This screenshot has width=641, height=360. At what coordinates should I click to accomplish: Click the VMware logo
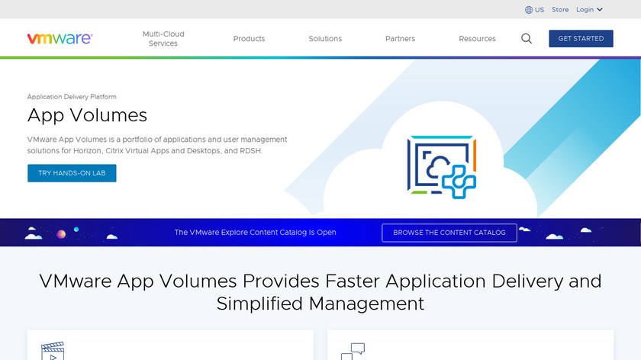point(60,38)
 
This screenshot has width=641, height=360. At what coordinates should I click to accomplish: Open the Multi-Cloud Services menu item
point(163,38)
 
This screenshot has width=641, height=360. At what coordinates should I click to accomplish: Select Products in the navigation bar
point(249,38)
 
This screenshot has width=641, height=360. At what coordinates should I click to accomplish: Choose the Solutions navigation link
point(325,38)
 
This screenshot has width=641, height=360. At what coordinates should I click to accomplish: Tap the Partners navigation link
point(400,38)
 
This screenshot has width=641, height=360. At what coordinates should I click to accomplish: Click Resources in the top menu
point(477,38)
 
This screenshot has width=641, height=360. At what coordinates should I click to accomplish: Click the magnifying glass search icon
point(527,38)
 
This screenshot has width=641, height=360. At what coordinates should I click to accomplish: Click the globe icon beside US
point(529,10)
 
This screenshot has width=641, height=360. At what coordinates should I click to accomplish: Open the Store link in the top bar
point(560,9)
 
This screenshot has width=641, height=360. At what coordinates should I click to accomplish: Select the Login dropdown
point(589,9)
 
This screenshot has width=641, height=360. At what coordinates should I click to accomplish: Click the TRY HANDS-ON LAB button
point(72,173)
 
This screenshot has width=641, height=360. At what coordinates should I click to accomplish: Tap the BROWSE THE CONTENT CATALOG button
point(449,233)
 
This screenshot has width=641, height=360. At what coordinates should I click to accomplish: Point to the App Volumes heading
point(87,115)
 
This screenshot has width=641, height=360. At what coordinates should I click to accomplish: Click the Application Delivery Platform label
point(72,97)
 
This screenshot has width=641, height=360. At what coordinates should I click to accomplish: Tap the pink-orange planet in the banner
point(61,234)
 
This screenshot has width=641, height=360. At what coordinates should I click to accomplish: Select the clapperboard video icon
point(53,351)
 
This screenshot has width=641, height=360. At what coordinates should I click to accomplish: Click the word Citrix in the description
point(114,151)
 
